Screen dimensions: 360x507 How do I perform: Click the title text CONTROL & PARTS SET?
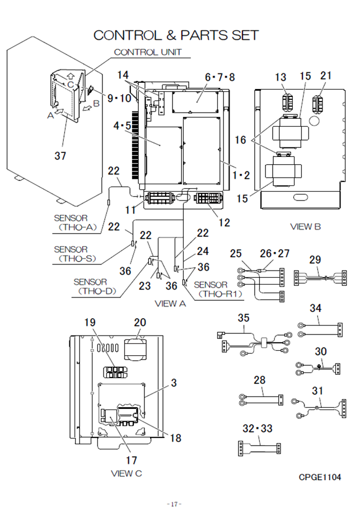[176, 35]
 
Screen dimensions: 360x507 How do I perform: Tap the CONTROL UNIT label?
[148, 52]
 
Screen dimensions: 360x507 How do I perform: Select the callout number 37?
[60, 156]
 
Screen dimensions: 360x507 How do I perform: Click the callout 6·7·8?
[219, 77]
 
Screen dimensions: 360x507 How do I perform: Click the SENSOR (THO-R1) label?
[217, 290]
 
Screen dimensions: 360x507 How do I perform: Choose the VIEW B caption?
[305, 227]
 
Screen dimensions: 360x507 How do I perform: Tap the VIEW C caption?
[127, 473]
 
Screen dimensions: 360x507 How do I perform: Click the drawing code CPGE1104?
[320, 477]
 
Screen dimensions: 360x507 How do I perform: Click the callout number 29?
[315, 259]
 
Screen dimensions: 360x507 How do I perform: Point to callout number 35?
[244, 318]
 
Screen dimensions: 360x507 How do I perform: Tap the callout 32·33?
[258, 429]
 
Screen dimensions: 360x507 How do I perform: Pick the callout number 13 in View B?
[280, 77]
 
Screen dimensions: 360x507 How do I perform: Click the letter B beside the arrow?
[96, 103]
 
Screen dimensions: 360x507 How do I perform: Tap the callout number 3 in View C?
[174, 383]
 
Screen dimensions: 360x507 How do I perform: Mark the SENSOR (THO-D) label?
[95, 286]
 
